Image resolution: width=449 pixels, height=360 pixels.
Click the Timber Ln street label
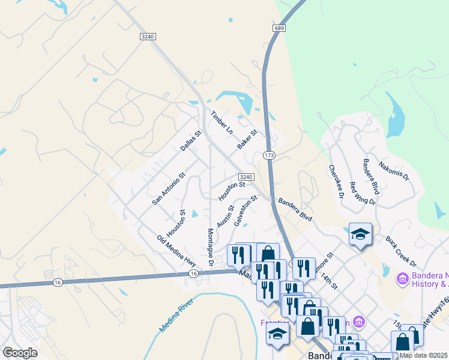pyautogui.click(x=221, y=122)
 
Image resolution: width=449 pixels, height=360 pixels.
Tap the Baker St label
pyautogui.click(x=247, y=140)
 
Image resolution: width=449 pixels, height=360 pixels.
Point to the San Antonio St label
pyautogui.click(x=169, y=190)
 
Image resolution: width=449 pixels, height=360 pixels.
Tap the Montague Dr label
pyautogui.click(x=211, y=247)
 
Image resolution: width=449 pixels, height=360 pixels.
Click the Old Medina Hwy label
pyautogui.click(x=176, y=251)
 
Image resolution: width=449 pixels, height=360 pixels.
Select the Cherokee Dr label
pyautogui.click(x=336, y=182)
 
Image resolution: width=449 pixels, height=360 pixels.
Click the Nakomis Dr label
pyautogui.click(x=394, y=170)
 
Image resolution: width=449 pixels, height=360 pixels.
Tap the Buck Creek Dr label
pyautogui.click(x=402, y=251)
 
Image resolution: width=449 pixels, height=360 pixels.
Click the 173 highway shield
pyautogui.click(x=269, y=155)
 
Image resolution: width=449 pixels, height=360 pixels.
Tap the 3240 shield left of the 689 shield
pyautogui.click(x=148, y=37)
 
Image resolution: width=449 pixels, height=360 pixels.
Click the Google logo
pyautogui.click(x=20, y=353)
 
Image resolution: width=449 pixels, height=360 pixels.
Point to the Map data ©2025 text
pyautogui.click(x=423, y=355)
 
